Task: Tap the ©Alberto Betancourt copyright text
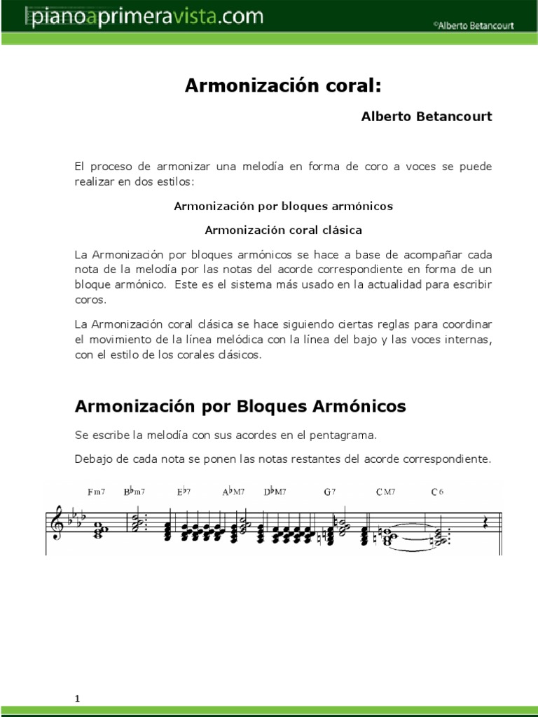click(x=473, y=25)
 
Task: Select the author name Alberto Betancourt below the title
click(x=426, y=116)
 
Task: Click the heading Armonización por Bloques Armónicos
click(x=240, y=406)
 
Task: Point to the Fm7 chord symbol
click(x=97, y=492)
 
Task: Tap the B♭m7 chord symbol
click(x=134, y=492)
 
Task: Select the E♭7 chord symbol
click(x=184, y=492)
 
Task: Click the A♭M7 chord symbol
click(x=233, y=492)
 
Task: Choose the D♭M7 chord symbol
click(x=275, y=492)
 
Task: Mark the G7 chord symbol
click(x=330, y=492)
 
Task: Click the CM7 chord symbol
click(x=385, y=492)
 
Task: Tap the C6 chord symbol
click(x=438, y=492)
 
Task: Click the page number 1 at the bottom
click(x=78, y=678)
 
